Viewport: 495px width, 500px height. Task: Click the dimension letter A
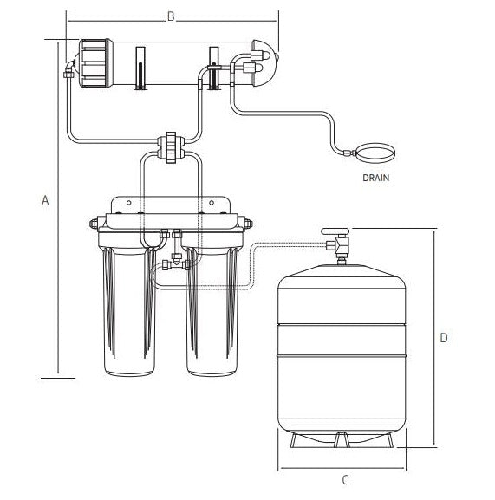pos(45,200)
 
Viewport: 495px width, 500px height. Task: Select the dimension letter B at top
pos(171,15)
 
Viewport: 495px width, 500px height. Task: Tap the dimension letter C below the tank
pos(344,479)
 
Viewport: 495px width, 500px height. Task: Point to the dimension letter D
pos(443,338)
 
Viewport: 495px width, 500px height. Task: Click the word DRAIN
pos(377,179)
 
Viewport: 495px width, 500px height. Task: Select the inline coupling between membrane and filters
pos(170,145)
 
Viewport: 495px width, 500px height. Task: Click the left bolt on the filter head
pos(94,222)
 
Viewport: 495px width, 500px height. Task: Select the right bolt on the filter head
pos(249,222)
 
